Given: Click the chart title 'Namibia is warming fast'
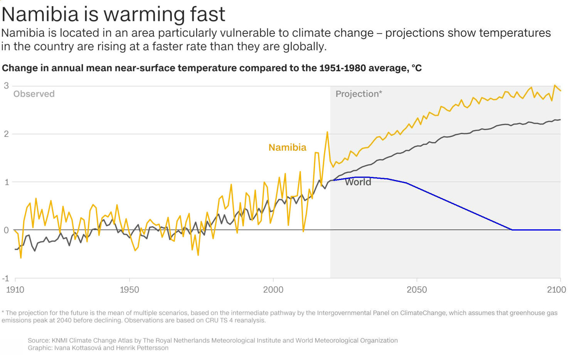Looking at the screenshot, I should (113, 14).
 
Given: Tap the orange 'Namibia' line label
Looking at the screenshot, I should (287, 148).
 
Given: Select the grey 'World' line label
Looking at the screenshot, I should (358, 182).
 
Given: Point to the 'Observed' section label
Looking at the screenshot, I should (34, 94).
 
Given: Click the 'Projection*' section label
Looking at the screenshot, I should (359, 94).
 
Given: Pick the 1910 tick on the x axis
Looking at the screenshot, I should (15, 289).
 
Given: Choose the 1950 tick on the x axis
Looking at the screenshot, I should (130, 289).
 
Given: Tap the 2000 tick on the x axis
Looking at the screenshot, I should (273, 289).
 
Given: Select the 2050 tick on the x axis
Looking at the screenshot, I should (417, 289).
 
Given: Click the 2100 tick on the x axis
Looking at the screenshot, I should (556, 289).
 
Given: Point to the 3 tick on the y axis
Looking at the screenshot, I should (6, 86).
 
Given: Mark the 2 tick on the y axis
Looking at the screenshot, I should (6, 134).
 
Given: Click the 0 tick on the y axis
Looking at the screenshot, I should (6, 230).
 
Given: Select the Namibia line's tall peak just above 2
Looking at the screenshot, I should (327, 132).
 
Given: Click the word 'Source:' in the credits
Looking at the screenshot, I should (39, 341).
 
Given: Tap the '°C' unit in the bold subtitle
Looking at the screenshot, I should (416, 68).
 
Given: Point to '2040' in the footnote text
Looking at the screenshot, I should (64, 320).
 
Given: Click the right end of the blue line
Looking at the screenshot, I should (560, 230).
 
